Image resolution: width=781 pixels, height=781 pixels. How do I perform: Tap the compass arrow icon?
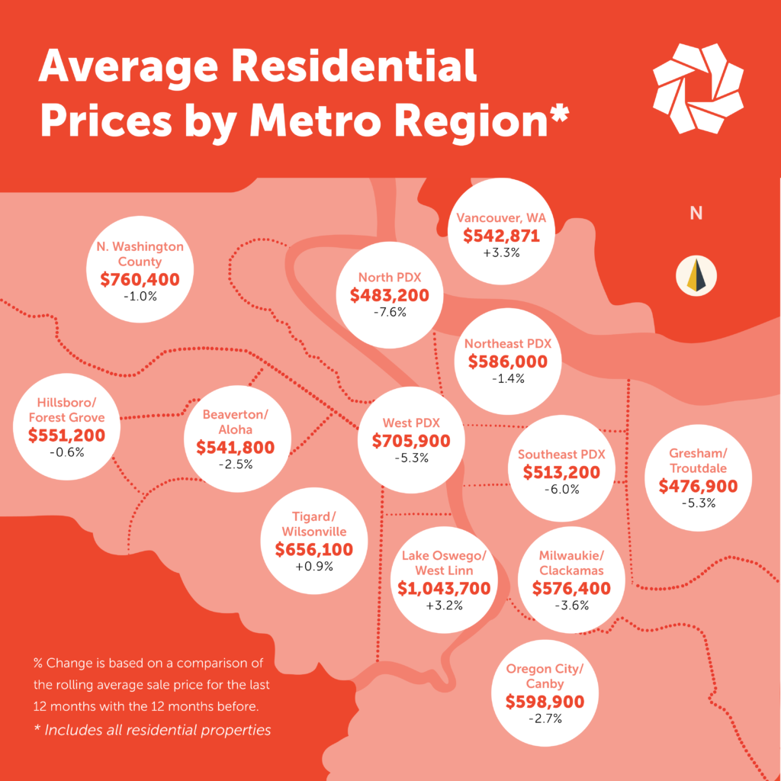tap(696, 277)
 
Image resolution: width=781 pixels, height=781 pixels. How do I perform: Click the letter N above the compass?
tap(696, 214)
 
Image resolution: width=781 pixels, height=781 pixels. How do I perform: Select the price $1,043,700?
tap(444, 587)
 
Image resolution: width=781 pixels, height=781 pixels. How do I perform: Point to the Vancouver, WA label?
tap(501, 218)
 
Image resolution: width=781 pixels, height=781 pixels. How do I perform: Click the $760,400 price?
tap(140, 279)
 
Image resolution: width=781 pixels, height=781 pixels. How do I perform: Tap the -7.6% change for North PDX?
tap(389, 313)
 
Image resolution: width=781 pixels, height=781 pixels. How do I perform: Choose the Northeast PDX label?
tap(507, 344)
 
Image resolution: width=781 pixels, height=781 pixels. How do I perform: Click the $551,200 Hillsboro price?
tap(66, 435)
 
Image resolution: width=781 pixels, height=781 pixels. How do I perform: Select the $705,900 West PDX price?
tap(411, 441)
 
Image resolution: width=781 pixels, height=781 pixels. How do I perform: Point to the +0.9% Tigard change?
tap(314, 566)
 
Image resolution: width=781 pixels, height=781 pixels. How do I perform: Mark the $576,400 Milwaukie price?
tap(561, 588)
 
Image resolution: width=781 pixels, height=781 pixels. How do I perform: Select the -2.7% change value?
tap(545, 718)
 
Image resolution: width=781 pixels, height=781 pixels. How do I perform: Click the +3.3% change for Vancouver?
tap(501, 252)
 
